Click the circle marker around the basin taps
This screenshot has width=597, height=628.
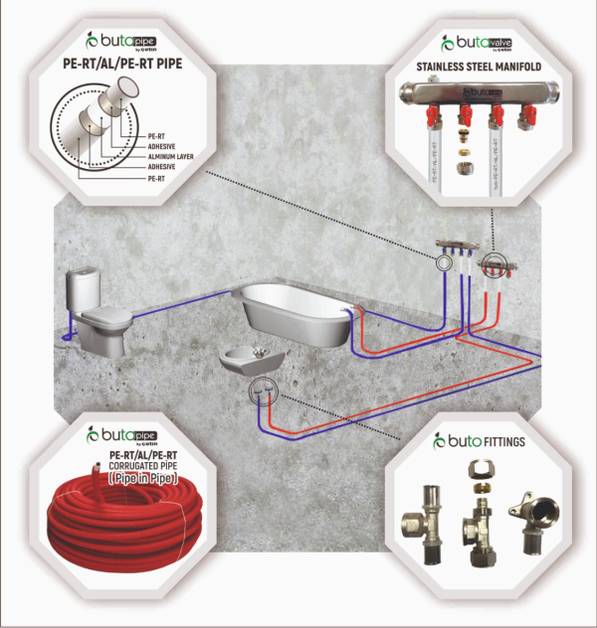(261, 390)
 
